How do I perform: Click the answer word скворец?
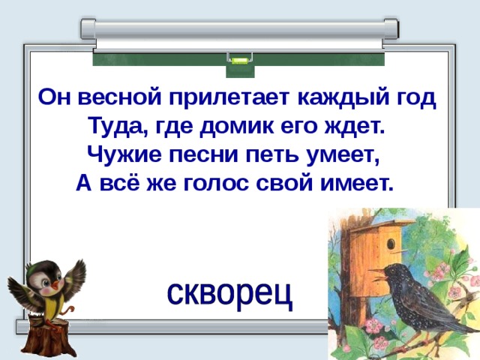click(229, 295)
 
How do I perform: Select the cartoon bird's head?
click(42, 278)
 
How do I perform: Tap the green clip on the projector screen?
click(239, 59)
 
